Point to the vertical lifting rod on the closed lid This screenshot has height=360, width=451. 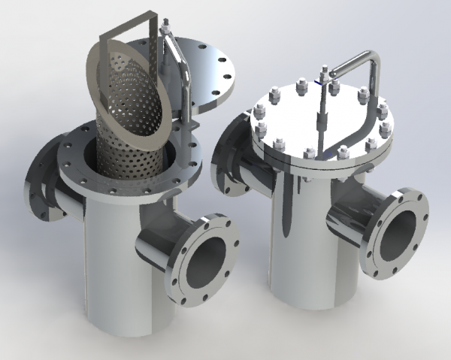click(323, 113)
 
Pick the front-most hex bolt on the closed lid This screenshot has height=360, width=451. click(313, 157)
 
